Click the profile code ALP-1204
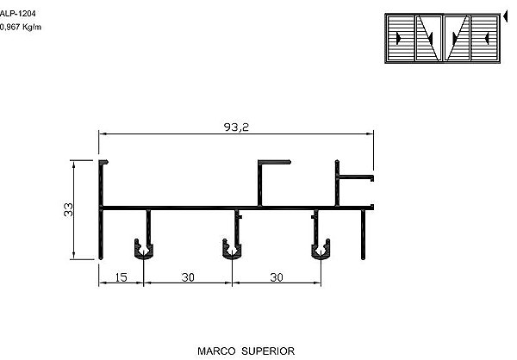click(x=17, y=14)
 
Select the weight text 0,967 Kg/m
click(x=21, y=27)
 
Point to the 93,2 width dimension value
click(x=236, y=127)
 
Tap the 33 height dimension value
click(x=68, y=209)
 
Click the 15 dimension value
click(x=121, y=277)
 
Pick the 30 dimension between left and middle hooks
click(x=188, y=277)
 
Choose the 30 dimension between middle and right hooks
click(x=277, y=277)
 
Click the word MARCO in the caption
click(x=216, y=351)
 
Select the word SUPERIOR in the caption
click(x=268, y=351)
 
